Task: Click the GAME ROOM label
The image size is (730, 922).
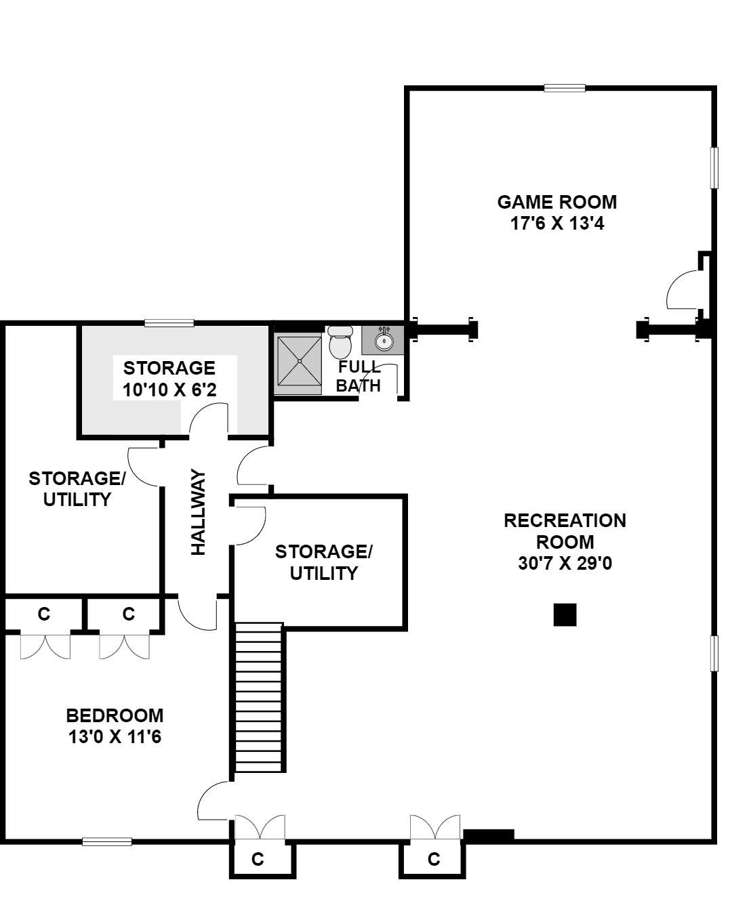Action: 557,203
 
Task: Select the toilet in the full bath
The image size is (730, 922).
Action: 340,343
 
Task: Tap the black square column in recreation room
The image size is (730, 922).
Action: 565,615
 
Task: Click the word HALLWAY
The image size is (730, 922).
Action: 199,512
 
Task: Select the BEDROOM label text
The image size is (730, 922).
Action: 115,715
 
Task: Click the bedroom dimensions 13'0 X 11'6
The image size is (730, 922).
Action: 115,737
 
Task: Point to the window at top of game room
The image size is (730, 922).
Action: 565,88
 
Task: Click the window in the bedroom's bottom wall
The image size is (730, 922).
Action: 106,842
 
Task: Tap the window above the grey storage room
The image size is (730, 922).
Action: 169,323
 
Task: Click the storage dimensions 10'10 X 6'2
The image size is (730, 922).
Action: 169,390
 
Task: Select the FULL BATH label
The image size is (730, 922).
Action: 359,376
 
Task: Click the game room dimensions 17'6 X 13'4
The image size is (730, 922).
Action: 557,224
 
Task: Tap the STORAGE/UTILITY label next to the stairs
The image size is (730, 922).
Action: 323,562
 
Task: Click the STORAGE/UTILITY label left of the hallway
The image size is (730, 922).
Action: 77,489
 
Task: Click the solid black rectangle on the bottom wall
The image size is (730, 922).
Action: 489,834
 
